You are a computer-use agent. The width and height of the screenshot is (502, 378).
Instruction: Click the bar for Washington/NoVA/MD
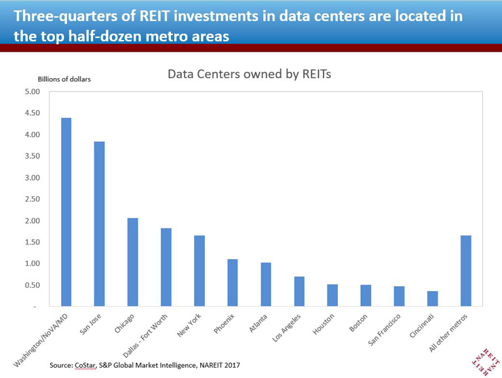pos(66,212)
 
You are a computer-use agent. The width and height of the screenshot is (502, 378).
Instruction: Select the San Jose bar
pos(99,224)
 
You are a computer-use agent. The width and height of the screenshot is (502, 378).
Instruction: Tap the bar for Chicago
pos(133,262)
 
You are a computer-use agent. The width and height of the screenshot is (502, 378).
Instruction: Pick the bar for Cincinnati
pos(432,299)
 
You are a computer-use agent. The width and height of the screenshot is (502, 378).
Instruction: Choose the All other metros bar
pos(465,271)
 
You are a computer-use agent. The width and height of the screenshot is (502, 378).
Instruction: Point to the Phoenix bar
pos(232,282)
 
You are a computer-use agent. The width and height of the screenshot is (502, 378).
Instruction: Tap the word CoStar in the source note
pos(93,366)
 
